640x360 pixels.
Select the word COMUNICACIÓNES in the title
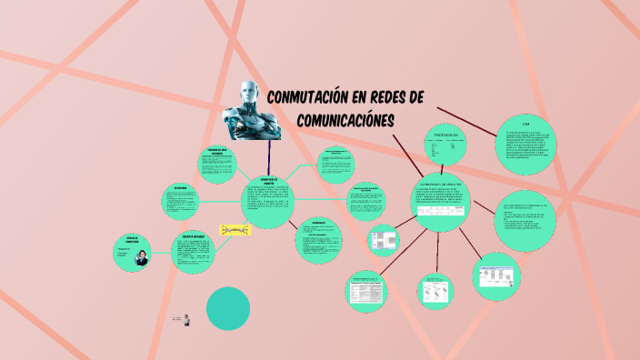[346, 120]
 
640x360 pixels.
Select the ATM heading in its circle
[525, 124]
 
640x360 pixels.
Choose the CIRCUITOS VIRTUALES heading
[193, 236]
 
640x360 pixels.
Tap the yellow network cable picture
[234, 230]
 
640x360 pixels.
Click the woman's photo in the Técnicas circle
[141, 258]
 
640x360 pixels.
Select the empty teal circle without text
[227, 309]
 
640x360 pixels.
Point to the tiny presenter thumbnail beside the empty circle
[186, 319]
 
